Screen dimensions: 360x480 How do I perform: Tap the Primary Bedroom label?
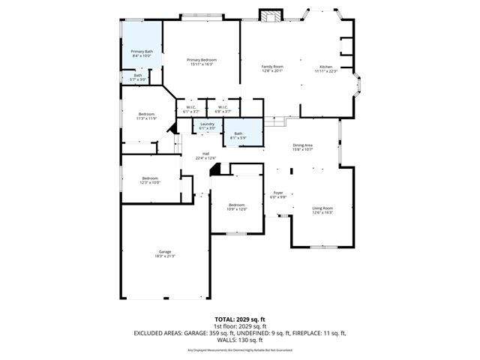click(x=202, y=61)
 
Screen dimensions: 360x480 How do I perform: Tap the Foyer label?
click(x=278, y=194)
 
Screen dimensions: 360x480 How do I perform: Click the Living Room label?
click(x=322, y=210)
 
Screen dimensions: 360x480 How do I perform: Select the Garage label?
click(x=164, y=253)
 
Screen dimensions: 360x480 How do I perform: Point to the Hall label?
click(x=205, y=155)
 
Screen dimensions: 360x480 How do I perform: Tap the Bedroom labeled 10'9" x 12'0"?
click(x=237, y=207)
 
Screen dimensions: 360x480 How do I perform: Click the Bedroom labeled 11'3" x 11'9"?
click(x=145, y=116)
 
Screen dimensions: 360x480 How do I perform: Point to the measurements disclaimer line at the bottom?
click(x=239, y=350)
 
